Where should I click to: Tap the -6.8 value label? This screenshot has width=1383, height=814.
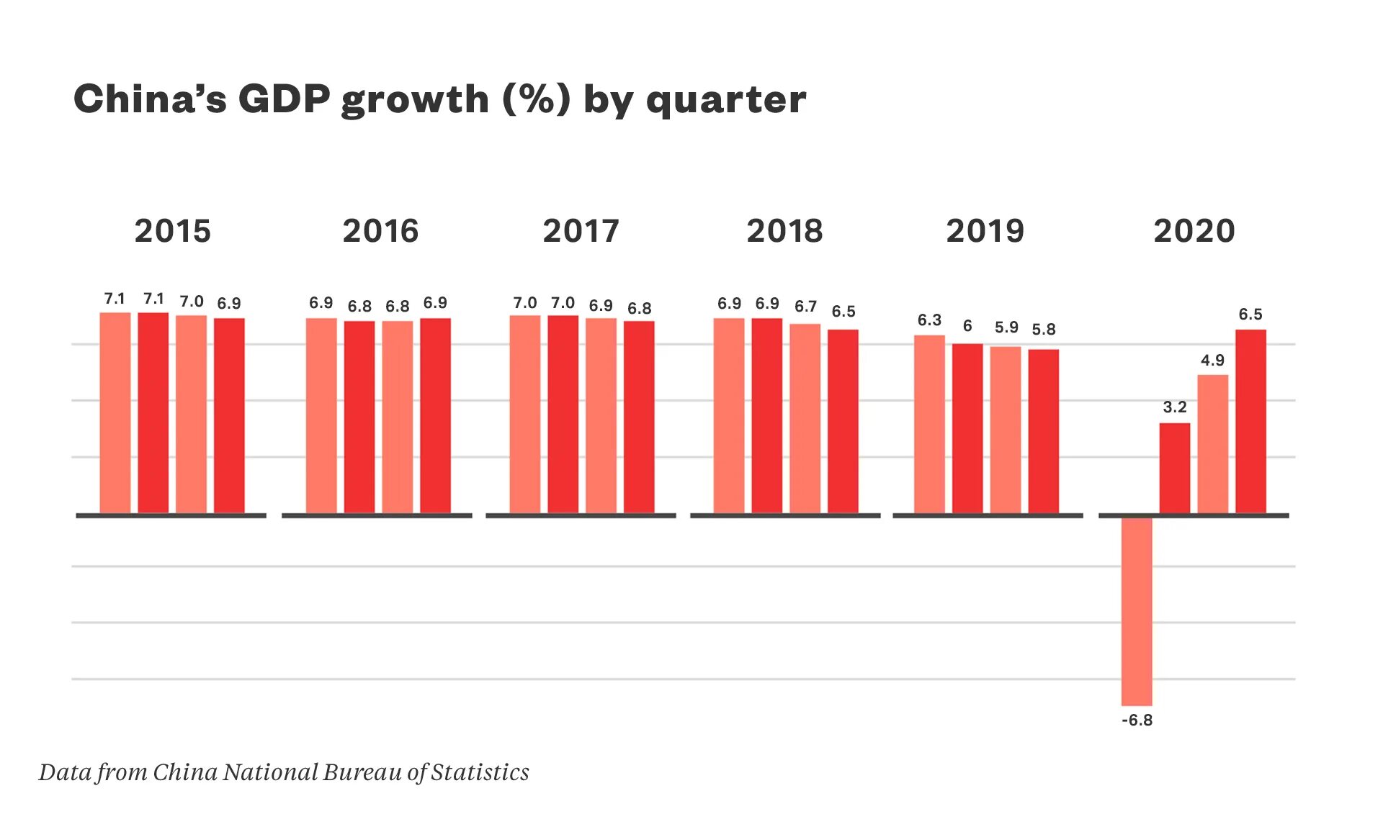[x=1137, y=720]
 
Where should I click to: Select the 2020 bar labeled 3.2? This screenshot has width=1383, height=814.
[x=1175, y=468]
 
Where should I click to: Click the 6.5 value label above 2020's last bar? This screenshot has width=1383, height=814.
[x=1250, y=315]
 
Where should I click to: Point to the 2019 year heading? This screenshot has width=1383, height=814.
[x=985, y=231]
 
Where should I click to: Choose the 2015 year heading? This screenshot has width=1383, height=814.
[x=173, y=231]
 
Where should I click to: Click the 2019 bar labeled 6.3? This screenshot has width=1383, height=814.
[x=929, y=424]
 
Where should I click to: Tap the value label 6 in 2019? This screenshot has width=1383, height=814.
[x=967, y=327]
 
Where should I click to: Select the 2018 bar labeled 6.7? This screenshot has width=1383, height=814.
[x=805, y=418]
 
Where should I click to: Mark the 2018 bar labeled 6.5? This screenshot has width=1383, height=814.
[x=843, y=421]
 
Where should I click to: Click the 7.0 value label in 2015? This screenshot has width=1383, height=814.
[x=192, y=302]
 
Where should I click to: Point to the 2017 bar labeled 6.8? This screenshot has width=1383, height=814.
[x=639, y=417]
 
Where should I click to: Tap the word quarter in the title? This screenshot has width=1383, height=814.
[x=726, y=101]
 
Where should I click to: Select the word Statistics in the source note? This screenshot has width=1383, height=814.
[x=480, y=772]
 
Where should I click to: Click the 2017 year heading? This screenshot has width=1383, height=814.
[x=581, y=231]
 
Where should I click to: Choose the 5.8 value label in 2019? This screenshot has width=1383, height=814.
[x=1044, y=330]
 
